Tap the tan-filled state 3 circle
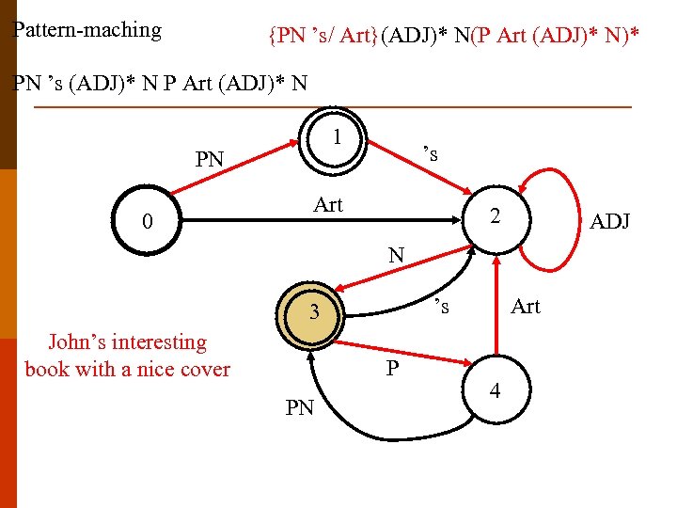(x=317, y=312)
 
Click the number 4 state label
(x=495, y=389)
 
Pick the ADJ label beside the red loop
(x=609, y=222)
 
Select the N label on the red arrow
(x=396, y=254)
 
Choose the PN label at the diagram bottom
(x=299, y=407)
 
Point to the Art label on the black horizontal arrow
(x=328, y=204)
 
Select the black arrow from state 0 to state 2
(x=320, y=222)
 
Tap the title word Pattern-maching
(x=87, y=30)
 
